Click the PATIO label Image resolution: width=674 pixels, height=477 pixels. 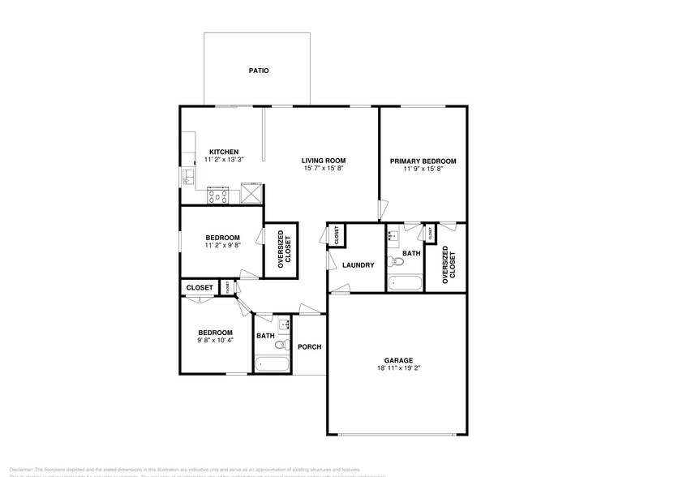[x=258, y=71]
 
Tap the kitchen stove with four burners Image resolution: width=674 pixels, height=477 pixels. [x=218, y=195]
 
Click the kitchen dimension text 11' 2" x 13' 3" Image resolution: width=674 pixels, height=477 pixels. [x=223, y=161]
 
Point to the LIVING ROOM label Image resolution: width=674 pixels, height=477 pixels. [x=324, y=161]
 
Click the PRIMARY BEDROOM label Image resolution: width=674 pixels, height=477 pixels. [x=423, y=161]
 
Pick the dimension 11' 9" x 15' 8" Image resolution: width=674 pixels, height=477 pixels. [x=423, y=170]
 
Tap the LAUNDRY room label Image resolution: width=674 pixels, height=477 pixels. [x=357, y=265]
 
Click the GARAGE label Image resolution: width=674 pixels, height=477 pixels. [x=398, y=360]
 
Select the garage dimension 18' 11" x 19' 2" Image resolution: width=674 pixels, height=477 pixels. [x=398, y=368]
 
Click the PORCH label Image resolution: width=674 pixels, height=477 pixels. [x=309, y=347]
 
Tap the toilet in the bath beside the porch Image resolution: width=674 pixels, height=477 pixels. [x=281, y=345]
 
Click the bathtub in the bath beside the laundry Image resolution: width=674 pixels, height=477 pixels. [x=404, y=284]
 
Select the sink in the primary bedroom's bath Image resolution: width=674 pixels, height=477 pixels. [x=393, y=237]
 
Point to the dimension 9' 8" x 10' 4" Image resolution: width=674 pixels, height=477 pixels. [x=216, y=341]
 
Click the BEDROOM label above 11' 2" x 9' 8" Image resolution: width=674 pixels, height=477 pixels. [x=221, y=237]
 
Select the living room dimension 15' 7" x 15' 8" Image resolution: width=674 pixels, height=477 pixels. [x=324, y=169]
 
